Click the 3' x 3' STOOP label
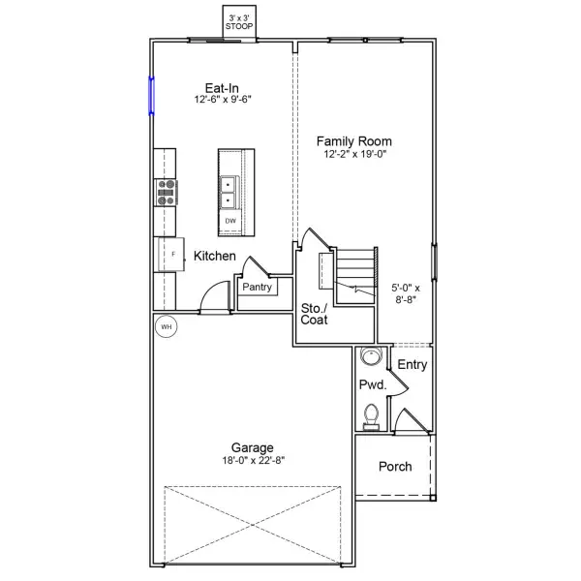239,22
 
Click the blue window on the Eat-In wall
151,96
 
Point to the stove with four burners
166,193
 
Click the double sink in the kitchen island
229,192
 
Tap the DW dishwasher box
230,222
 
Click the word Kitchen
215,257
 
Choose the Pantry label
257,287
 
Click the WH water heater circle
166,327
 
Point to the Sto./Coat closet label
314,313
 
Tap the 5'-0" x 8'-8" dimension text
407,293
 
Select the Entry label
413,365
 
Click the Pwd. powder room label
373,385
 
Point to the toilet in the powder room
369,415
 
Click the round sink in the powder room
369,357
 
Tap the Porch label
394,467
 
